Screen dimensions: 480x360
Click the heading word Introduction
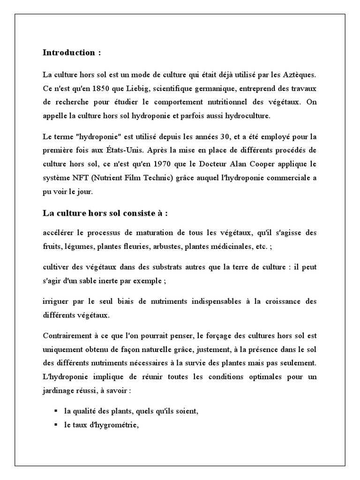pos(68,52)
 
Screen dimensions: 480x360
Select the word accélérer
pos(58,232)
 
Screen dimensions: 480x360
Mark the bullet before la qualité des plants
pos(56,411)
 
